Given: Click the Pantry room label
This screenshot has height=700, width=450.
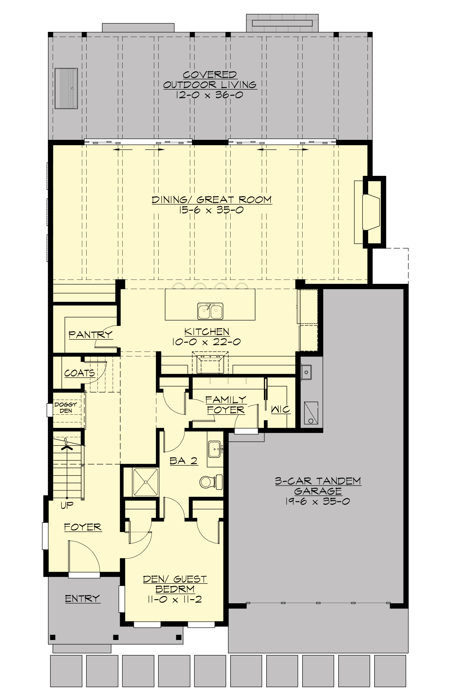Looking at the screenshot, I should coord(91,334).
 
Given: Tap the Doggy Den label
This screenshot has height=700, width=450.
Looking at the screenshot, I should coord(66,408).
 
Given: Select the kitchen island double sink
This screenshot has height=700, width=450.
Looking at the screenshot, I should coord(210,311).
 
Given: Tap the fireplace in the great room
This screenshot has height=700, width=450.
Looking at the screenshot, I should coord(371,212).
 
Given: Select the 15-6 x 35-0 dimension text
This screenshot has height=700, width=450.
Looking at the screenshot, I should coord(211,210).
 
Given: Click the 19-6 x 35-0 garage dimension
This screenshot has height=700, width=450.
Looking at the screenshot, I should coord(318,501).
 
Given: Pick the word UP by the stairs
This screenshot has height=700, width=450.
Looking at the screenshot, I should coord(67,505).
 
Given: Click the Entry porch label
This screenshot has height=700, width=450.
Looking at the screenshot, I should coord(82,598).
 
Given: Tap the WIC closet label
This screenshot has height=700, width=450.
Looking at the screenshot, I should coord(280,409).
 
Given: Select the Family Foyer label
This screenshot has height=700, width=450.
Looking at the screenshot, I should coord(226,405).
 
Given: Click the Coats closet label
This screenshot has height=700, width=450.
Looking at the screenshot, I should coord(79,373).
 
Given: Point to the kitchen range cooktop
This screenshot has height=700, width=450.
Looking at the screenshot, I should coord(210,363).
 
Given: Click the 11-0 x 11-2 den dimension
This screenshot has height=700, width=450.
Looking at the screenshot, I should coord(174,599).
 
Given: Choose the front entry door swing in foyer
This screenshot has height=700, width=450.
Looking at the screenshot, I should coord(85,556).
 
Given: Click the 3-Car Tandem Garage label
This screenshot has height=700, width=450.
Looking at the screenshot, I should coord(318,486).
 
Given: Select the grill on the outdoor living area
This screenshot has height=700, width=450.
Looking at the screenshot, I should coord(66,88).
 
